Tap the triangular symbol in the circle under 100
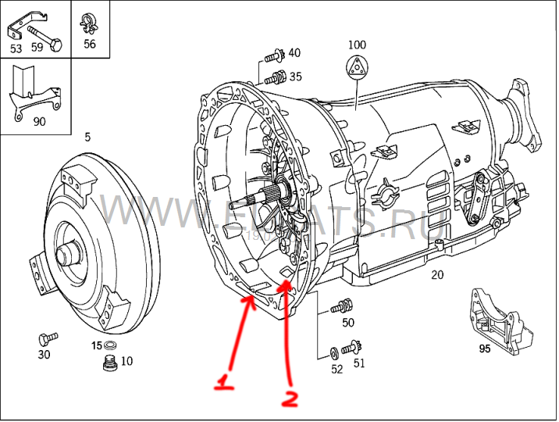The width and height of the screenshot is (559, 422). click(x=357, y=67)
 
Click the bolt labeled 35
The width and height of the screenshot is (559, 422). click(x=272, y=77)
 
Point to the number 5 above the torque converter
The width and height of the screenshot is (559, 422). click(x=87, y=138)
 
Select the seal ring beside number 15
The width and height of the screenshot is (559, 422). click(x=111, y=345)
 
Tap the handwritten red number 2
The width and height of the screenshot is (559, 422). click(x=289, y=399)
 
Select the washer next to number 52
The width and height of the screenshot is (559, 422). click(x=335, y=352)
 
